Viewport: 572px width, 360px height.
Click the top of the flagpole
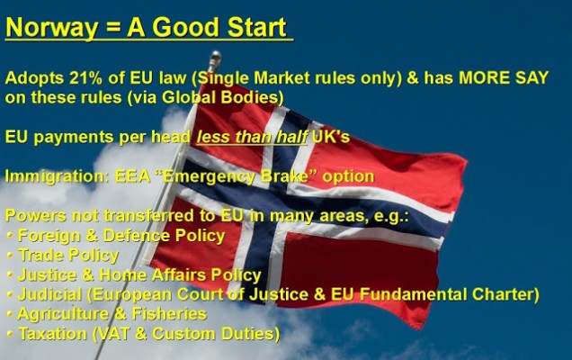tap(214, 56)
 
